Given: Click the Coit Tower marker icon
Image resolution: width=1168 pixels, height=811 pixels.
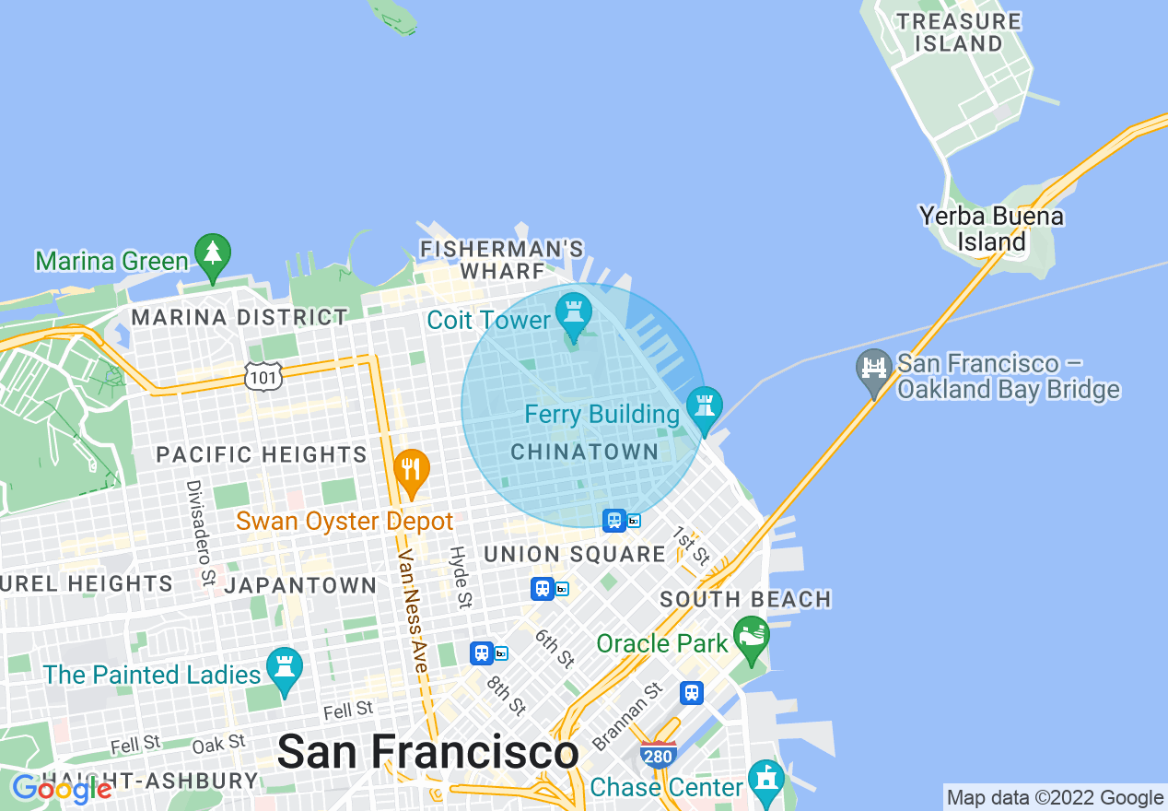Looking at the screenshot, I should [574, 315].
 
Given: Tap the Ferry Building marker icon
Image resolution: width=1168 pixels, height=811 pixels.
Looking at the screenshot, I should [705, 407].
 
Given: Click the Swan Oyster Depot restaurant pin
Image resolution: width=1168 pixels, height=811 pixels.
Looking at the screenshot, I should [412, 470].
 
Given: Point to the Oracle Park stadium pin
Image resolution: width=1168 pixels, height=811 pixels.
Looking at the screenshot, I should [753, 637].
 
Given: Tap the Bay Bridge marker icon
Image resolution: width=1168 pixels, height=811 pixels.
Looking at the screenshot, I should [873, 370].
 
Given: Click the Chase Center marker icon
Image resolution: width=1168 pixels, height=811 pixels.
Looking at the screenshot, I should [765, 780].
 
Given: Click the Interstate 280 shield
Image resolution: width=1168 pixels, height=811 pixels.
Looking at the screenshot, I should [659, 755].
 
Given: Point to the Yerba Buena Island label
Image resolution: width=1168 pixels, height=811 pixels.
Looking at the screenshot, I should [991, 229].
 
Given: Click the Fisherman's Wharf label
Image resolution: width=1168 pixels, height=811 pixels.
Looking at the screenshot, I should [501, 260].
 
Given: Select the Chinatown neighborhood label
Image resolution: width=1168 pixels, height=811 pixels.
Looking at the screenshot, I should [585, 452].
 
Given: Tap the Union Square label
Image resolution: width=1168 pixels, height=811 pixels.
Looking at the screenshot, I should [574, 554].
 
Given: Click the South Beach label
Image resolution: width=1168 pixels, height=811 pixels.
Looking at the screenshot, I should [745, 599].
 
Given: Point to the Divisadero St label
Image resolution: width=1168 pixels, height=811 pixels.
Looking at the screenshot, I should [199, 533].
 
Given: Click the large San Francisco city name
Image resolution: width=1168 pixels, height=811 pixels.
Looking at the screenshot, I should [427, 752].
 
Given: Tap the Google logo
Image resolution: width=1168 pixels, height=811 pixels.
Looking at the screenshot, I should [62, 789].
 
